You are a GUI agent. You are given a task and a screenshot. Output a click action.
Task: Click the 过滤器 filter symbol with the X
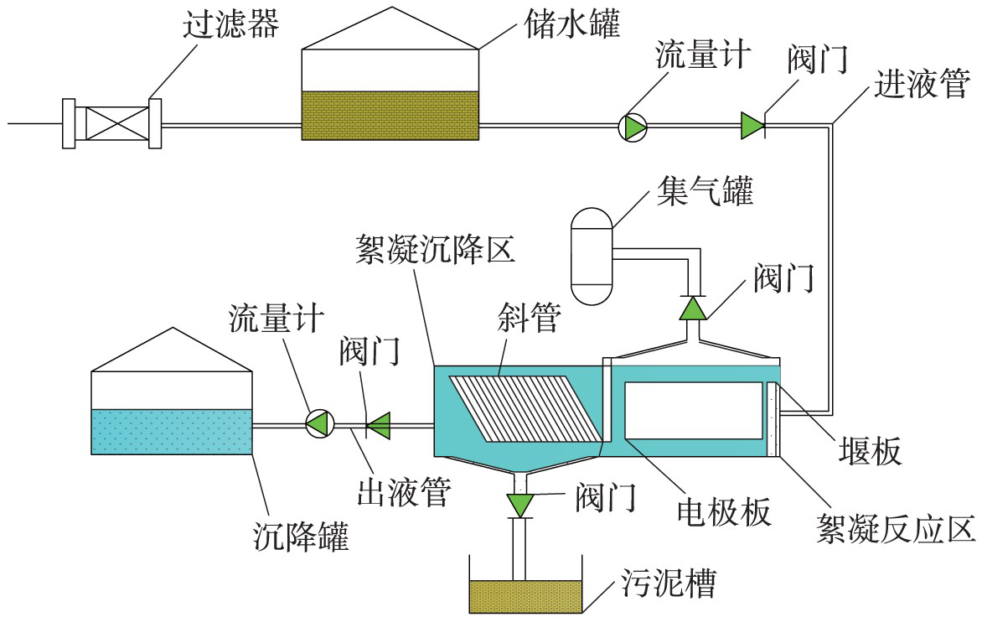pos(112,124)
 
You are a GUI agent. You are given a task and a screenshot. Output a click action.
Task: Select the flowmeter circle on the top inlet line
pos(633,127)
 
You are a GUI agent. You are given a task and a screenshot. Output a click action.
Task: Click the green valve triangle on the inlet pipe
pos(752,127)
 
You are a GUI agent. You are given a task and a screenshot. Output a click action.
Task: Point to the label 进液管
pos(922,84)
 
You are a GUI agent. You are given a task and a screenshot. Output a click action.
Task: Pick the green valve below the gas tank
pos(693,309)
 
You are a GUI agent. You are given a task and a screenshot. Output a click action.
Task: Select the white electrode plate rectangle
pos(694,411)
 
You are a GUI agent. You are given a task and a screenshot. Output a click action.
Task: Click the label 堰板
pos(871,452)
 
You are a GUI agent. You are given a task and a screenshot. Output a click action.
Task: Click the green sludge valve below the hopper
pos(520,504)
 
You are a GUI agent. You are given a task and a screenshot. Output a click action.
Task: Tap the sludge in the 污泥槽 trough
pos(525,596)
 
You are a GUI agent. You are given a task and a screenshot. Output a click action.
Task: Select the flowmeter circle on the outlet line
pos(319,423)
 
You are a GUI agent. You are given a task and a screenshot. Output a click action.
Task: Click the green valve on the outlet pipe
pos(380,425)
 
